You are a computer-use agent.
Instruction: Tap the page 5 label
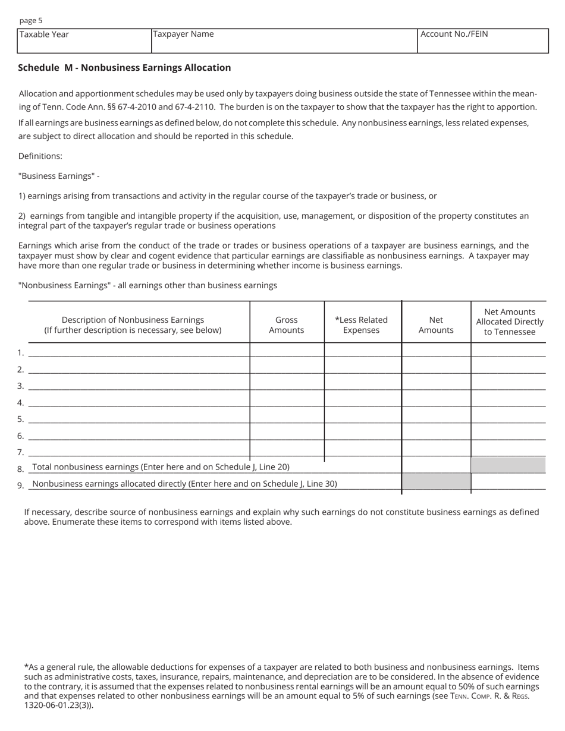[31, 20]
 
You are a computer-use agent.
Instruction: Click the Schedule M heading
[124, 68]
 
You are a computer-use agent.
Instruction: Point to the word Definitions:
[40, 156]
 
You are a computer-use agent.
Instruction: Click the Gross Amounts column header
[287, 324]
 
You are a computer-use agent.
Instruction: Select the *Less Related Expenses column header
[362, 324]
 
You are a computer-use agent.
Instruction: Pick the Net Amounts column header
[436, 324]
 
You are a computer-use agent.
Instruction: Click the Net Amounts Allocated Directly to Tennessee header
[510, 322]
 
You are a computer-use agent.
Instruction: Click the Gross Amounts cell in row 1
[287, 350]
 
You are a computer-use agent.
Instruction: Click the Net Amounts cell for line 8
[436, 465]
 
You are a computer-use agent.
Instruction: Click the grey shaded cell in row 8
[508, 465]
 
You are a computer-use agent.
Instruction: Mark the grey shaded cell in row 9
[436, 481]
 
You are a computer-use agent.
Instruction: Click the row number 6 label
[20, 436]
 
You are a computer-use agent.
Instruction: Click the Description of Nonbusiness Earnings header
[133, 324]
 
